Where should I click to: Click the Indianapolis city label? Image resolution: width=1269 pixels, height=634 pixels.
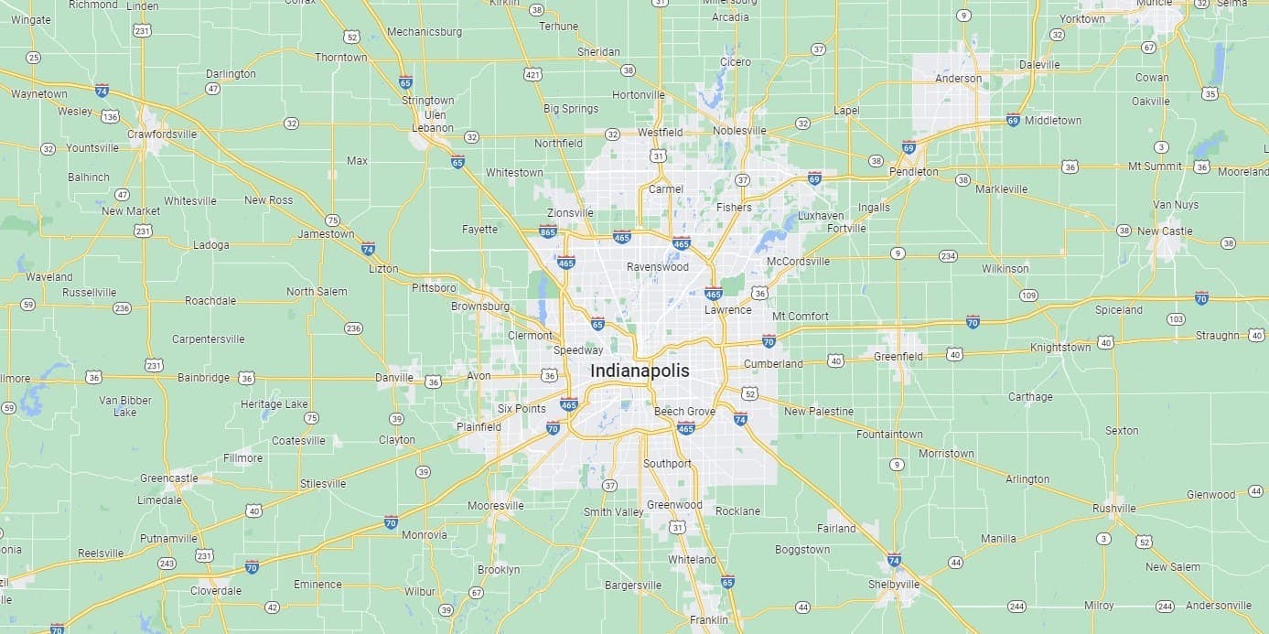click(x=640, y=371)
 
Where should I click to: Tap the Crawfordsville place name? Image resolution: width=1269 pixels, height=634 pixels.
click(x=162, y=134)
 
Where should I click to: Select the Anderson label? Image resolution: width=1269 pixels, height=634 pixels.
click(x=958, y=79)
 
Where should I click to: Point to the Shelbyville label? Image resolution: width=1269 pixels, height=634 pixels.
click(x=894, y=584)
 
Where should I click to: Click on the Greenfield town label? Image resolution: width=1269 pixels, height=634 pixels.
click(x=898, y=356)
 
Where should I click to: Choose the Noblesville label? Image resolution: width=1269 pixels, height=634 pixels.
click(x=740, y=131)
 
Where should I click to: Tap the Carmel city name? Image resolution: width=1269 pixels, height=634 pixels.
click(x=665, y=188)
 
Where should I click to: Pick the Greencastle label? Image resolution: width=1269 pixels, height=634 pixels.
click(x=168, y=478)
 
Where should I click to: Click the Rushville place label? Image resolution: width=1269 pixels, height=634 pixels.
click(x=1113, y=509)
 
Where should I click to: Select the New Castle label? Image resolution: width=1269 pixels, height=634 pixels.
click(x=1165, y=231)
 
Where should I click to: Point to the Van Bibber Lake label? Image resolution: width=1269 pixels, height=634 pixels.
click(x=124, y=406)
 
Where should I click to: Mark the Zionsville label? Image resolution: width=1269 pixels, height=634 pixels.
click(x=570, y=212)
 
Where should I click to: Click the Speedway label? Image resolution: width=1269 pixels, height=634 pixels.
click(x=578, y=349)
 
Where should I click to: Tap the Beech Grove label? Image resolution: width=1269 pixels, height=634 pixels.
click(x=684, y=412)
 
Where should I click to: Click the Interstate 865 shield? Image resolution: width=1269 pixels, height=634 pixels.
click(x=548, y=231)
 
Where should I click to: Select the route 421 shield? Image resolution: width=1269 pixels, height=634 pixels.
click(x=532, y=73)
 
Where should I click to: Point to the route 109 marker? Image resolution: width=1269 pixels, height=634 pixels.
click(x=1028, y=295)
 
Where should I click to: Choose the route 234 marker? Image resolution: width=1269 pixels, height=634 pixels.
click(x=948, y=256)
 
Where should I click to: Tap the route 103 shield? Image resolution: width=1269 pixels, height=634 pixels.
click(x=1176, y=319)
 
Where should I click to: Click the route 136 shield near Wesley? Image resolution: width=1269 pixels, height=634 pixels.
click(x=110, y=116)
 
